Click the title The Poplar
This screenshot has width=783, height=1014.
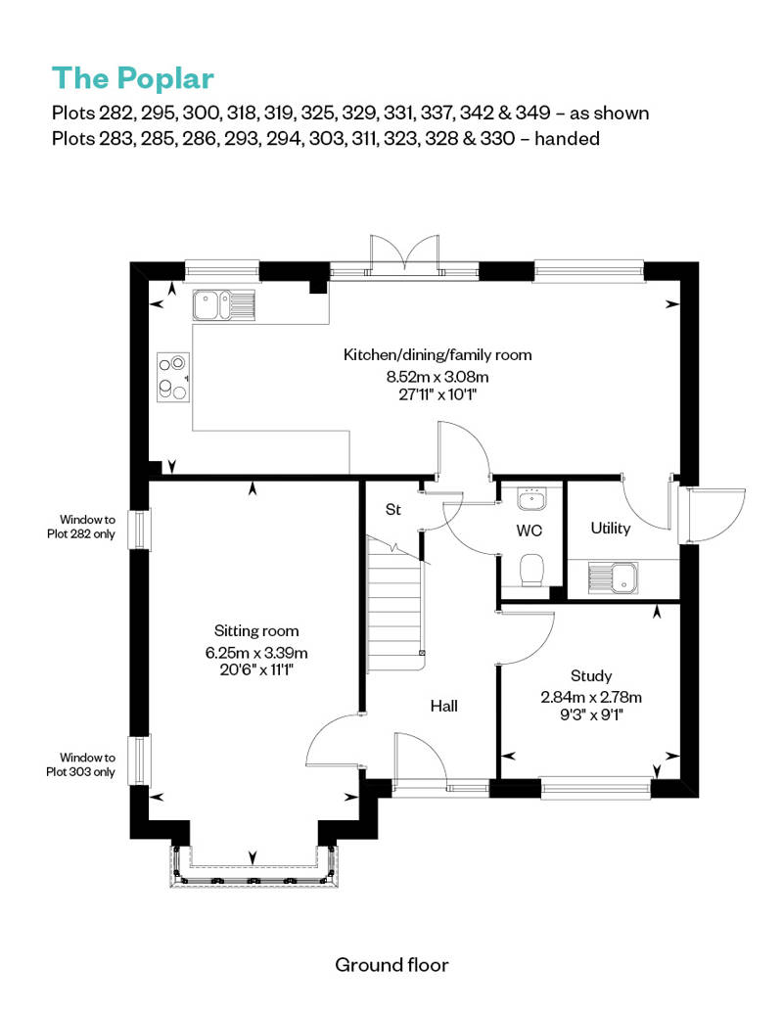point(132,77)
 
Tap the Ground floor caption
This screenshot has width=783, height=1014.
point(391,965)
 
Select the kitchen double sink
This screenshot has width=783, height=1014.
point(224,305)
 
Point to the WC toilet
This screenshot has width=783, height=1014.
point(532,569)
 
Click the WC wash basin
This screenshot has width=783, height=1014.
point(532,499)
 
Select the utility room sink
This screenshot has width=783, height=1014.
point(610,576)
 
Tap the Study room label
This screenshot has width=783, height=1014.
point(591,675)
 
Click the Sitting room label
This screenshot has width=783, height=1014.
point(256,630)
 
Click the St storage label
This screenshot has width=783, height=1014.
point(393,510)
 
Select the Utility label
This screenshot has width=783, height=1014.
point(610,529)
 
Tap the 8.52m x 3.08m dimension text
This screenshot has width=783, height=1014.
point(438,376)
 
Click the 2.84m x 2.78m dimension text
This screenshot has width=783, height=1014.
point(591,697)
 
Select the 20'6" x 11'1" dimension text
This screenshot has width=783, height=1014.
point(256,670)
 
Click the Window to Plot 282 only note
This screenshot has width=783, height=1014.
point(87,527)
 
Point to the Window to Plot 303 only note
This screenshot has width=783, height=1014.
point(87,763)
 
